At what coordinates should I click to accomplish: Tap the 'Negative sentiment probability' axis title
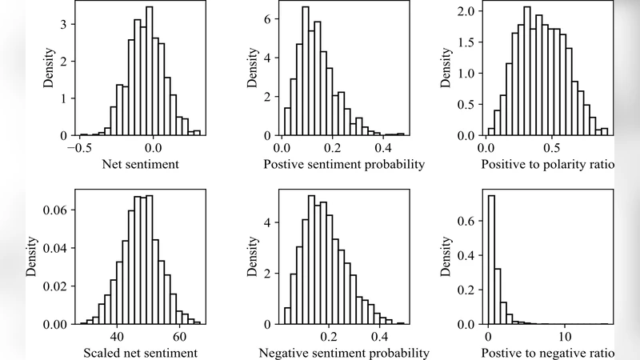[x=344, y=353]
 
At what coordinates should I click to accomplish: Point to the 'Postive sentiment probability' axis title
[x=344, y=166]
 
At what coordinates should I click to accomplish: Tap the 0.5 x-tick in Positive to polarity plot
[x=550, y=148]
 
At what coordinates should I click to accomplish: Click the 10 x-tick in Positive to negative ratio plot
[x=565, y=336]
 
